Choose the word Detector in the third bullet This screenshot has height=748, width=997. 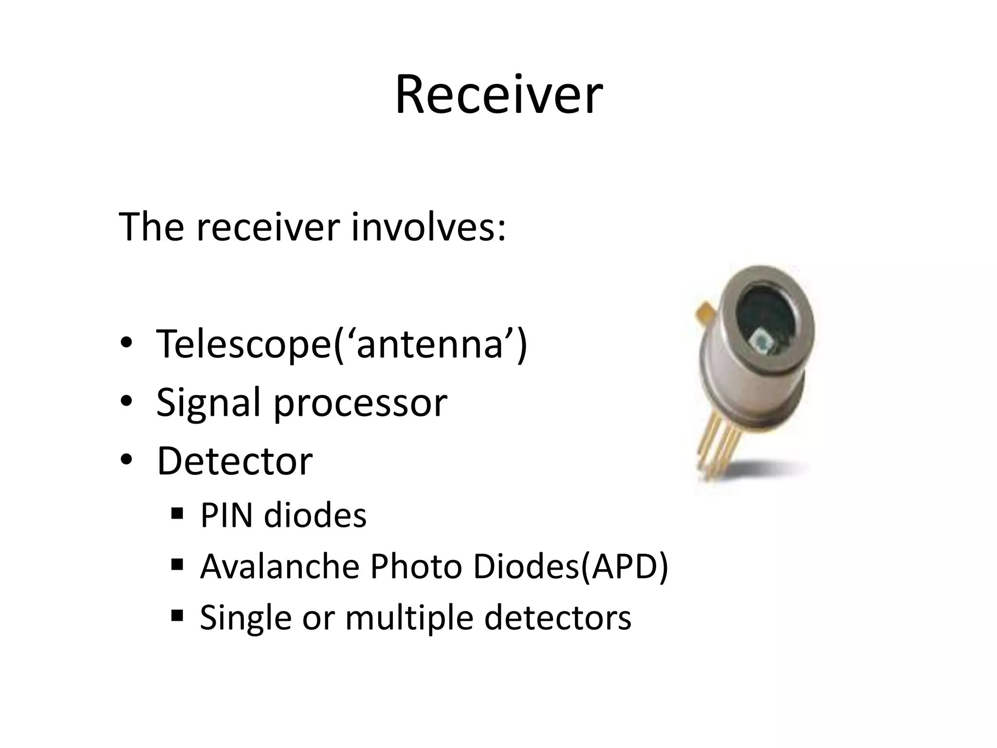click(234, 461)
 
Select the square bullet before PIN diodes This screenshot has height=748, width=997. click(177, 513)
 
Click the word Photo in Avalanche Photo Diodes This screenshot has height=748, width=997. click(416, 566)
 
